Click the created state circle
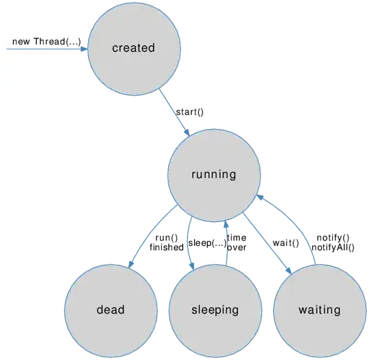coord(134,65)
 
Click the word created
coord(134,49)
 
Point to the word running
coord(213,174)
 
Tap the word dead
coord(111,309)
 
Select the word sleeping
coord(215,310)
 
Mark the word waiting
coord(319,310)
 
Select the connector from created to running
coord(174,113)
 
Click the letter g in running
coord(232,176)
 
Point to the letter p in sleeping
coord(218,311)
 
